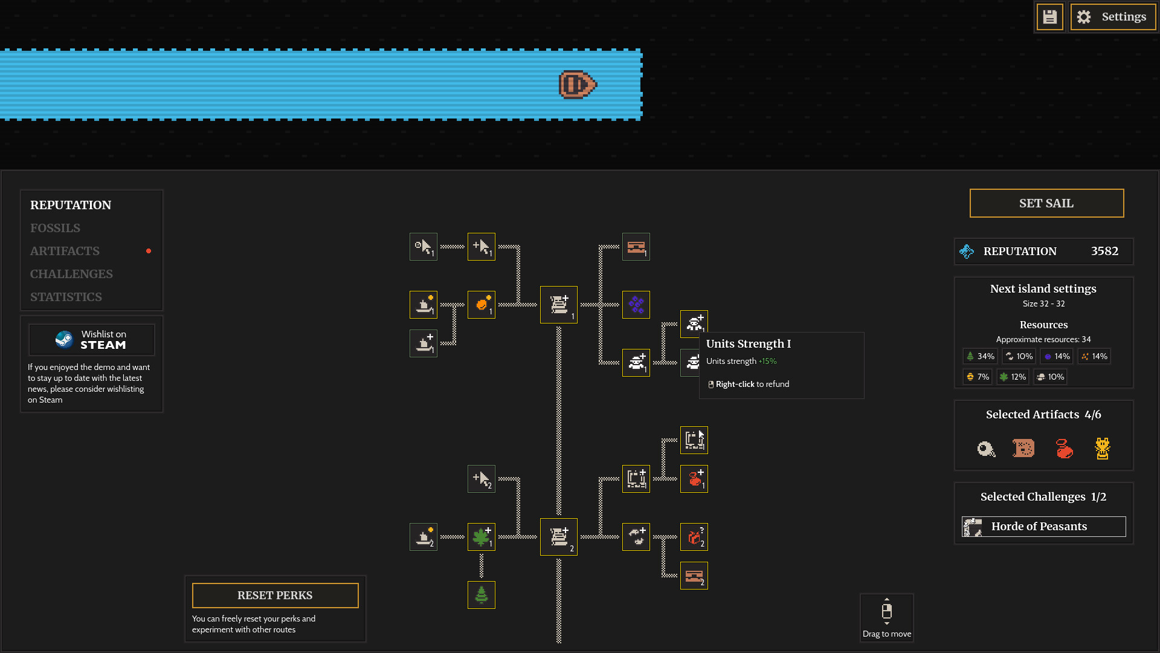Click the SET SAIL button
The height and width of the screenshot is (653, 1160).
tap(1046, 203)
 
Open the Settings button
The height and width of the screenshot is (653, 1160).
tap(1113, 17)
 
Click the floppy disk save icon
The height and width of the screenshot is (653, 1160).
tap(1049, 17)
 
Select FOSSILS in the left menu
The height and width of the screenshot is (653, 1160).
tap(55, 228)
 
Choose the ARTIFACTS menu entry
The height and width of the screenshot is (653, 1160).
tap(65, 251)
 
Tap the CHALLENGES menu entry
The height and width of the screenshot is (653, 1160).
tap(71, 274)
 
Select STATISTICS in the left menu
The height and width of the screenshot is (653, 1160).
tap(66, 297)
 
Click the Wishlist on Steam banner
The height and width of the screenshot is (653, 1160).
tap(92, 340)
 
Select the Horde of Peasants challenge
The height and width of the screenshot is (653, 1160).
tap(1043, 527)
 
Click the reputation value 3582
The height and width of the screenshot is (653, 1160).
tap(1104, 251)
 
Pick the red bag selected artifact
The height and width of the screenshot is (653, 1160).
tap(1064, 449)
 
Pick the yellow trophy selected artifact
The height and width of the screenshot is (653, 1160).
tap(1102, 449)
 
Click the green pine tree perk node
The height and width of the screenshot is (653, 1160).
tap(482, 595)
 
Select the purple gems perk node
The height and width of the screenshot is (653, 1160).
tap(636, 305)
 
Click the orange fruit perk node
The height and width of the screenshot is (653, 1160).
tap(482, 305)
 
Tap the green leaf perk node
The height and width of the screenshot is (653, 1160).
tap(482, 537)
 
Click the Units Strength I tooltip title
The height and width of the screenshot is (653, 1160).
tap(748, 344)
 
